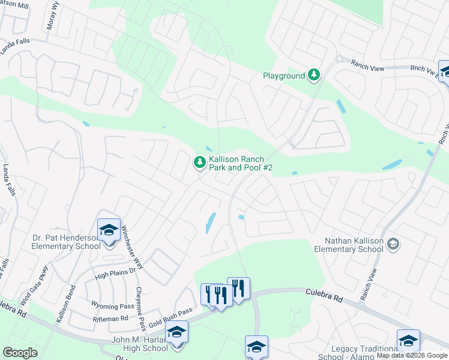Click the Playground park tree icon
[313, 76]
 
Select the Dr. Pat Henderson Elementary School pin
[109, 230]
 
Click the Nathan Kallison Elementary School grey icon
[393, 243]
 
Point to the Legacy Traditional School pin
[408, 341]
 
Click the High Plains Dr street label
[116, 274]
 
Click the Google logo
[20, 353]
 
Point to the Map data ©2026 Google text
[412, 355]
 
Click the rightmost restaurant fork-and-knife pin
[238, 289]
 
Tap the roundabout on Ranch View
[339, 59]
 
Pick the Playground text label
[284, 76]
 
